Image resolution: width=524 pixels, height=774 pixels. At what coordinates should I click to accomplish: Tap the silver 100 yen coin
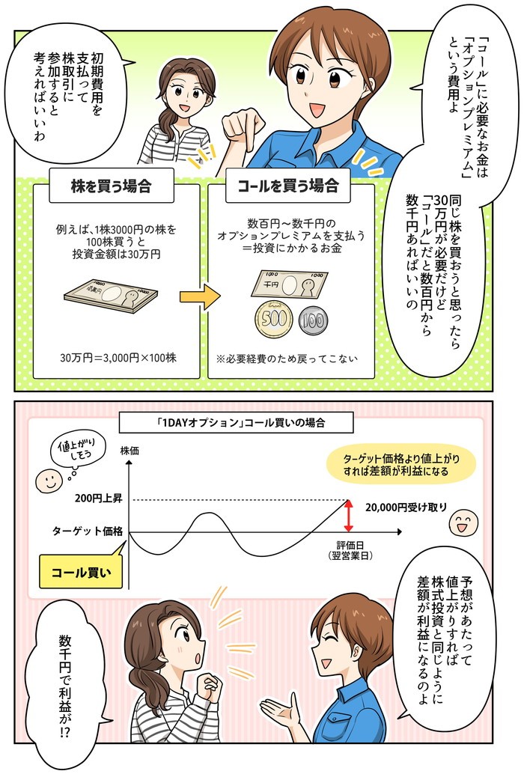pos(314,321)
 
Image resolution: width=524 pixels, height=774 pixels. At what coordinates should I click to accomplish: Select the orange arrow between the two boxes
pos(199,297)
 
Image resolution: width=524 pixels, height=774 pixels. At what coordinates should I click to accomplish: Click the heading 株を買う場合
pos(111,186)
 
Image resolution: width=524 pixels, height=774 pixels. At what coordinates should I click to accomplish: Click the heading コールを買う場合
pos(288,186)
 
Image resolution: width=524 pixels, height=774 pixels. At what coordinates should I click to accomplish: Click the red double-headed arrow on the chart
pos(349,516)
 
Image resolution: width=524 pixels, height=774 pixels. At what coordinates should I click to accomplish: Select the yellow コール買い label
pos(80,573)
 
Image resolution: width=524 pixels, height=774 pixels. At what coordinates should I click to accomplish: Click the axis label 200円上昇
pos(99,499)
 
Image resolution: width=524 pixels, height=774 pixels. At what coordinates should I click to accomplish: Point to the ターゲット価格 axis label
pos(88,531)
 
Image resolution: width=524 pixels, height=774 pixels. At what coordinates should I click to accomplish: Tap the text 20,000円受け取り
pos(406,507)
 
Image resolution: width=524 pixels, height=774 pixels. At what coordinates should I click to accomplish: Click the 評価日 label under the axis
pos(350,545)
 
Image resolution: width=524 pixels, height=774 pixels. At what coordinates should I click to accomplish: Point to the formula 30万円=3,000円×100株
pos(118,358)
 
